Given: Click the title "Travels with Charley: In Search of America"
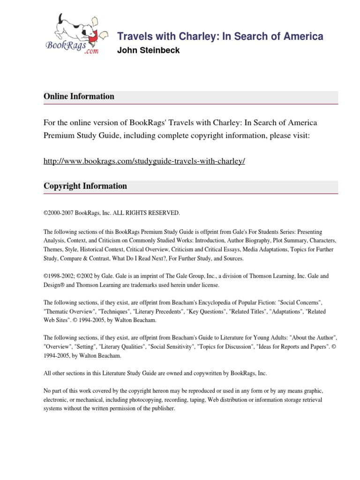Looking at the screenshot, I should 220,37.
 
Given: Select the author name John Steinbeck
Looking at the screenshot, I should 148,51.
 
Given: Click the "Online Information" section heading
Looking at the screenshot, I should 79,97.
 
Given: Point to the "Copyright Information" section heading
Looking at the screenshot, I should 85,186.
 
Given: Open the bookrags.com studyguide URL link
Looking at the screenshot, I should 144,161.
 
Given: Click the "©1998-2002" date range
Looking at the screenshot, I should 60,276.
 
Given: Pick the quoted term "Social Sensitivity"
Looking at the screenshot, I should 171,347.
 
